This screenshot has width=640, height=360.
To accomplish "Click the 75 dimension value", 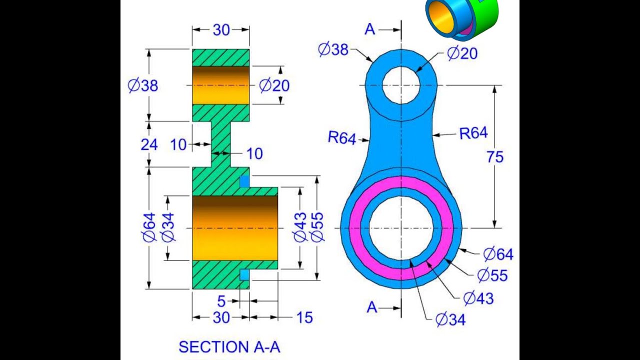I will pyautogui.click(x=495, y=157).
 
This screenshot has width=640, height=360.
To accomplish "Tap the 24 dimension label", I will pyautogui.click(x=149, y=145).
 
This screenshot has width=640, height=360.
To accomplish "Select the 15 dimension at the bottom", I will pyautogui.click(x=304, y=317).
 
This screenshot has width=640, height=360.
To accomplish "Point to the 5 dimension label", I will pyautogui.click(x=221, y=301).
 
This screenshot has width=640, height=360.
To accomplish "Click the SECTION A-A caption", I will pyautogui.click(x=229, y=346).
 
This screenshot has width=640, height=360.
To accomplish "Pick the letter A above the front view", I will pyautogui.click(x=369, y=30).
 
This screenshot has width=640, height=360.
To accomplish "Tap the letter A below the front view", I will pyautogui.click(x=371, y=307).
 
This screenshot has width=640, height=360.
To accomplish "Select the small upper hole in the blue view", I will pyautogui.click(x=401, y=85).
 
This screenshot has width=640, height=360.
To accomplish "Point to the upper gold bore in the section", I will pyautogui.click(x=220, y=85).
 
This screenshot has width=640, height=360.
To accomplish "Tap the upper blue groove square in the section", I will pyautogui.click(x=244, y=181).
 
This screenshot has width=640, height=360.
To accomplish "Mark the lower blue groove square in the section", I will pyautogui.click(x=244, y=275).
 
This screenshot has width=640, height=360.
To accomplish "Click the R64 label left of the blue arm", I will pyautogui.click(x=341, y=138).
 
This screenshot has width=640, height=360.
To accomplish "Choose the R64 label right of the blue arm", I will pyautogui.click(x=473, y=133).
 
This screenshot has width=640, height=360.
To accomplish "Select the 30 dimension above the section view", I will pyautogui.click(x=221, y=30).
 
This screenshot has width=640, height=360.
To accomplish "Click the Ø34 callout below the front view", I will pyautogui.click(x=450, y=319).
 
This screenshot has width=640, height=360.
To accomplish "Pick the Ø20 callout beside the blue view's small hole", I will pyautogui.click(x=461, y=53).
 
